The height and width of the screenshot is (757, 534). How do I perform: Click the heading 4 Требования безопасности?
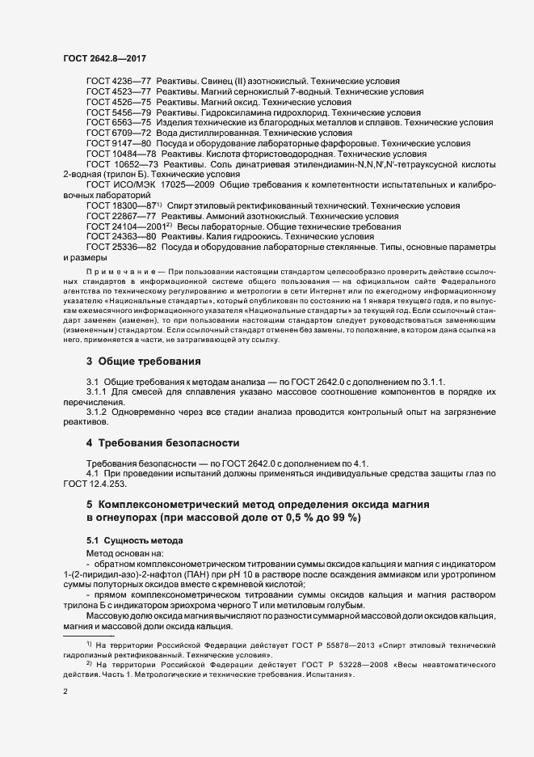click(x=163, y=443)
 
